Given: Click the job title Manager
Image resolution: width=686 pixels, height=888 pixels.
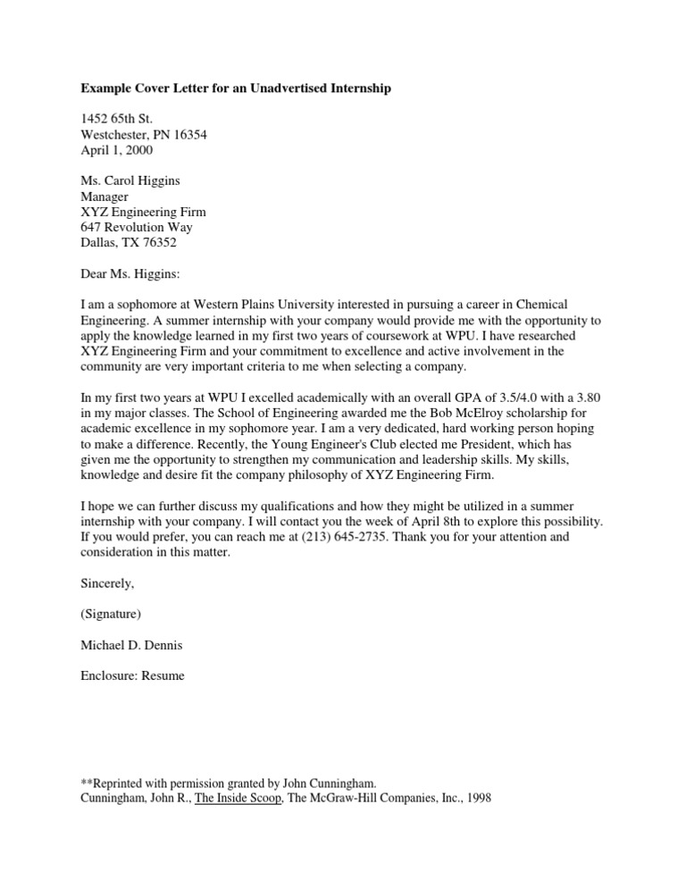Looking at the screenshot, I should [x=105, y=197].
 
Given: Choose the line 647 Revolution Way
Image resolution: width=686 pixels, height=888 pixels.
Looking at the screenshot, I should [x=137, y=228].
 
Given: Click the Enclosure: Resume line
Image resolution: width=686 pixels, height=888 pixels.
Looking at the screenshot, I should [x=133, y=676].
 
